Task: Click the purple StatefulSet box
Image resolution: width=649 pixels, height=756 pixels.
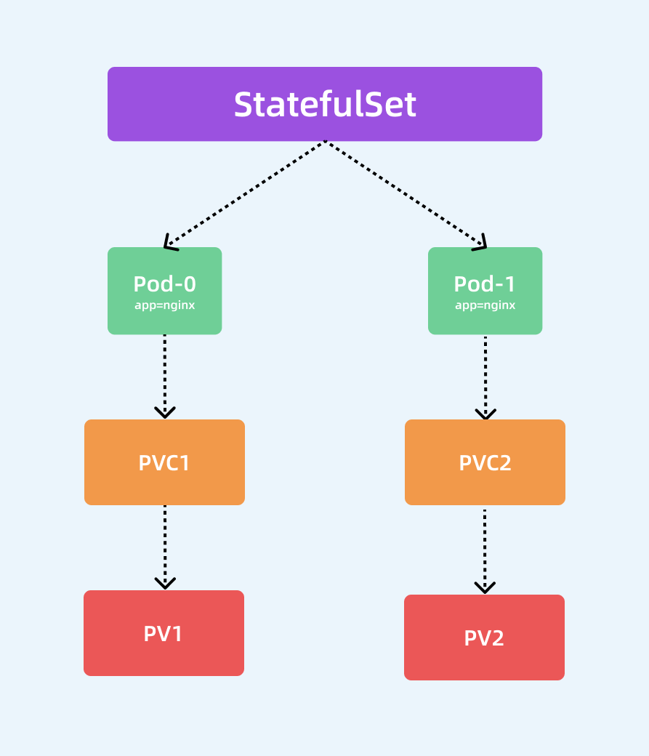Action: pyautogui.click(x=325, y=104)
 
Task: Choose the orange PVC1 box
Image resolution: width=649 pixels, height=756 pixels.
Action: pyautogui.click(x=164, y=462)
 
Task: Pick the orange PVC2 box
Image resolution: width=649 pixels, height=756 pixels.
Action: pyautogui.click(x=485, y=462)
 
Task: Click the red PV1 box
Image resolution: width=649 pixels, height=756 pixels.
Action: pyautogui.click(x=164, y=633)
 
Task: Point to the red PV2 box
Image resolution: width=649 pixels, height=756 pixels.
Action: pyautogui.click(x=484, y=638)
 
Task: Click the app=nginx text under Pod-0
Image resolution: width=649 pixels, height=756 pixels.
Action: pyautogui.click(x=164, y=305)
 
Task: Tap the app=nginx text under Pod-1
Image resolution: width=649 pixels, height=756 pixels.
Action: pyautogui.click(x=485, y=305)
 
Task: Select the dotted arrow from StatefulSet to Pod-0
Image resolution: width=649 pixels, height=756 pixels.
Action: pyautogui.click(x=245, y=193)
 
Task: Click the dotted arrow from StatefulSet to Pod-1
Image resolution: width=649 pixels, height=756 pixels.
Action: pyautogui.click(x=405, y=193)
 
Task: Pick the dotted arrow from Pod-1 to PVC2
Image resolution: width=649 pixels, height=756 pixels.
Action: pyautogui.click(x=485, y=374)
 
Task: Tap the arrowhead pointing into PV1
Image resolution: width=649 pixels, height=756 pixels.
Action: pyautogui.click(x=165, y=582)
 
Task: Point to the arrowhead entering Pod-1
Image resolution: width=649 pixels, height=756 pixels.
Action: pyautogui.click(x=480, y=244)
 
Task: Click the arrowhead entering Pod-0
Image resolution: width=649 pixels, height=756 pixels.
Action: pyautogui.click(x=170, y=244)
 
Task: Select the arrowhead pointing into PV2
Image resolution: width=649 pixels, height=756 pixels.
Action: pyautogui.click(x=485, y=587)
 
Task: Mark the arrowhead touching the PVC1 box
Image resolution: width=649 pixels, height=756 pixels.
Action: pyautogui.click(x=165, y=412)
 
